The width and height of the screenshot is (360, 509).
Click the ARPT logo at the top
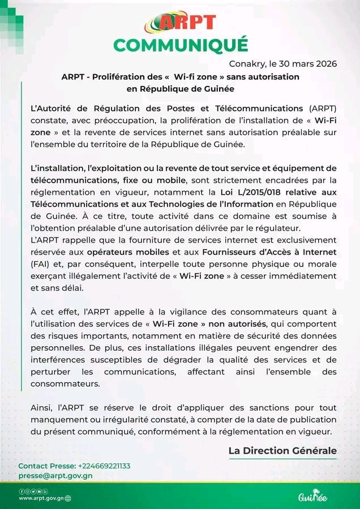tap(180, 21)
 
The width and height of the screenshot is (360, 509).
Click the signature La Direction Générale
tap(282, 451)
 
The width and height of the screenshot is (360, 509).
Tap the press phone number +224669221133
tap(104, 466)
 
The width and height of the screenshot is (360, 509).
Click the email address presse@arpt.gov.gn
tap(55, 476)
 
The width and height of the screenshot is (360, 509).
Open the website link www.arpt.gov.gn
tap(41, 499)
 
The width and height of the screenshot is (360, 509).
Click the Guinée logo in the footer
tap(312, 497)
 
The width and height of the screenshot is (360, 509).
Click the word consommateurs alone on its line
tap(65, 383)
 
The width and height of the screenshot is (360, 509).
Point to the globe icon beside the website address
tap(68, 499)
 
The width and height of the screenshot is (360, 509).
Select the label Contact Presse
tap(47, 466)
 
